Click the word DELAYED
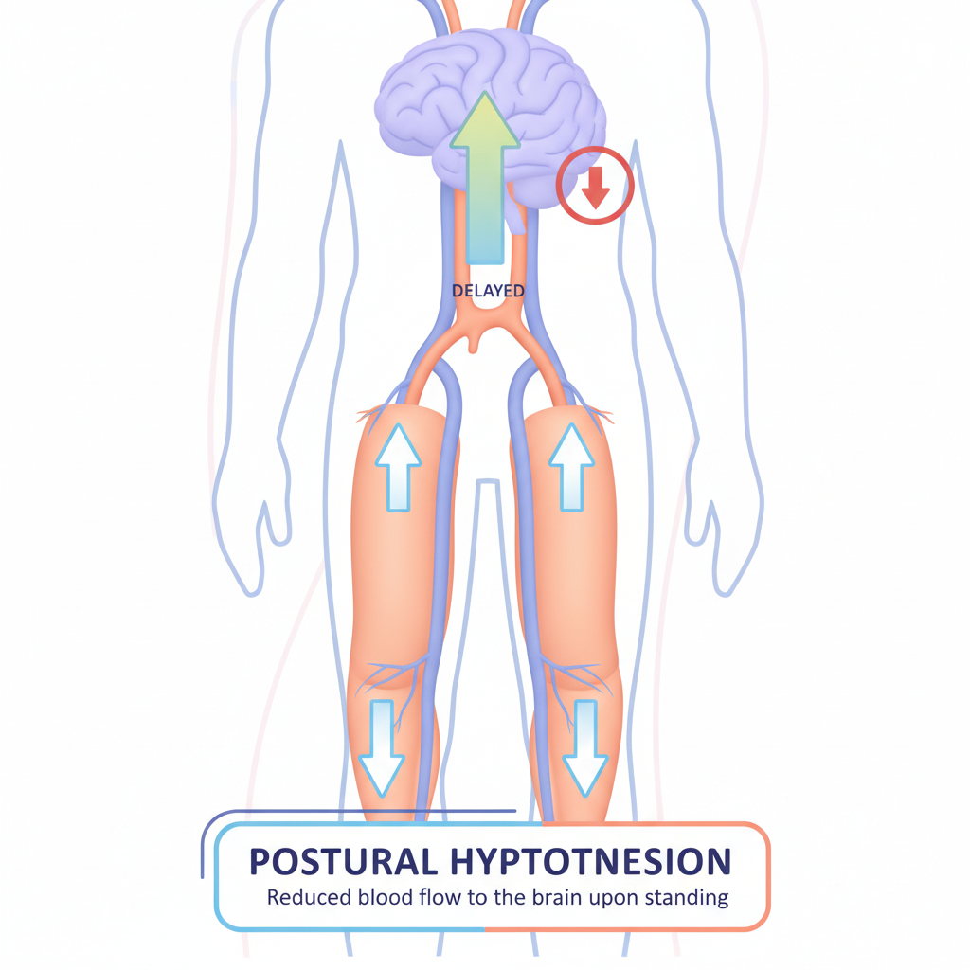point(488,291)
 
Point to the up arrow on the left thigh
point(397,466)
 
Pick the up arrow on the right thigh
point(571,466)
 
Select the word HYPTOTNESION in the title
point(583,861)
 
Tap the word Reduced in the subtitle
point(302,897)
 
